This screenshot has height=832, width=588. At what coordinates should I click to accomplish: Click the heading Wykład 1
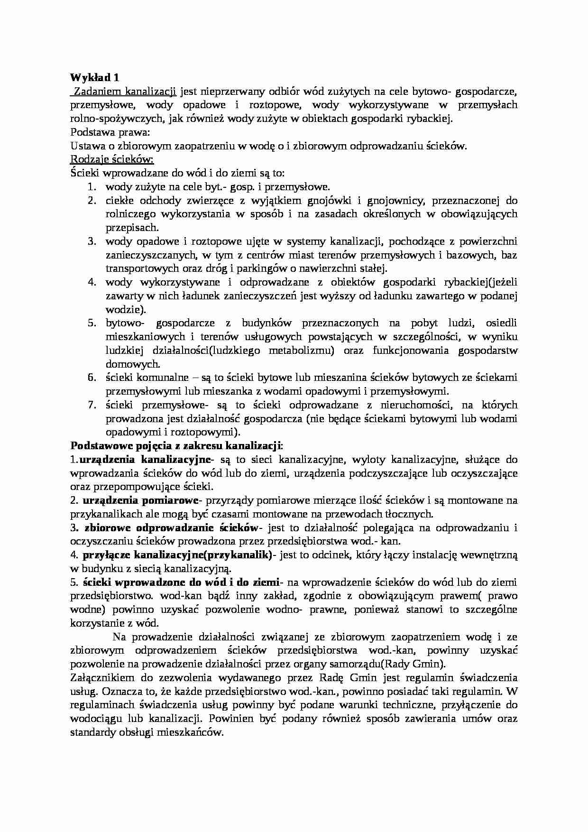pyautogui.click(x=94, y=77)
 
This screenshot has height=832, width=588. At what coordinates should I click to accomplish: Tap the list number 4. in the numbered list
pyautogui.click(x=92, y=282)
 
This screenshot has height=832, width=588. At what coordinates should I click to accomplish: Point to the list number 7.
pyautogui.click(x=92, y=405)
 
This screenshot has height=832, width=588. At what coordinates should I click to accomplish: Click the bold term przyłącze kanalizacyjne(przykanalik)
pyautogui.click(x=177, y=555)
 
